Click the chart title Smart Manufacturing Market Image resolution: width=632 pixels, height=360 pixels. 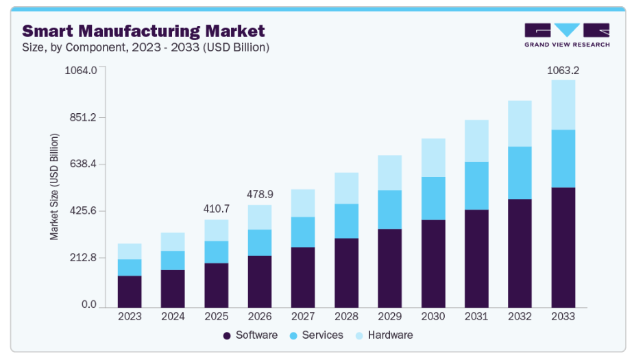point(143,31)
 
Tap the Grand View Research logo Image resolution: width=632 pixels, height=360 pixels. point(566,35)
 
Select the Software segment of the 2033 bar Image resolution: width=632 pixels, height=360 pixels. point(563,247)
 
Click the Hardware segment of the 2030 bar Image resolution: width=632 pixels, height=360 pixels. point(433,158)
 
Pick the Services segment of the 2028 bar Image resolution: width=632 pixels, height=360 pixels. point(346,221)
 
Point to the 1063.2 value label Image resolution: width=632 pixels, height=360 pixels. point(562,70)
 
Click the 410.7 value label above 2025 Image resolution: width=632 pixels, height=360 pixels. point(217,208)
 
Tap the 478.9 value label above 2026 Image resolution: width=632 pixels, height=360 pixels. point(260,194)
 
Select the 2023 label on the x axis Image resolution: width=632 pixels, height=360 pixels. point(130,316)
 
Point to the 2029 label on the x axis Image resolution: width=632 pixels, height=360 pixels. point(389,316)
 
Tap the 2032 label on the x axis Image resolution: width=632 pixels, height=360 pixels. point(520,316)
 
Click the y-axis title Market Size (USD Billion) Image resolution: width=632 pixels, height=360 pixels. point(54,187)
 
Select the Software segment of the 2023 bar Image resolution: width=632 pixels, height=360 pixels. point(130,291)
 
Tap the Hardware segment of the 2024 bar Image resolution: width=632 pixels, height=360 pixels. point(173,241)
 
